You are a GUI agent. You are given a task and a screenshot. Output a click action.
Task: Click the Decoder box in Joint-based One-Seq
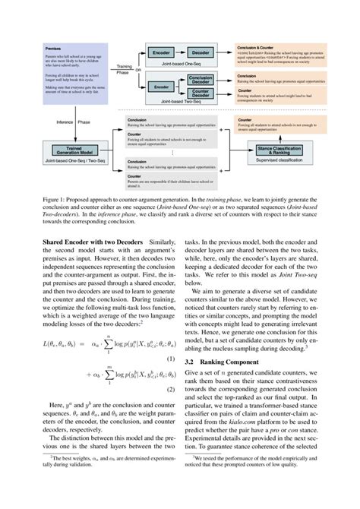click(201, 54)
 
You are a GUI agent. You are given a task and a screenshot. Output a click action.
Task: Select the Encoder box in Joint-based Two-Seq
click(161, 87)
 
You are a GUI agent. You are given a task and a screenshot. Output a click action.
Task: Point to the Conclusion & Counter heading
click(256, 47)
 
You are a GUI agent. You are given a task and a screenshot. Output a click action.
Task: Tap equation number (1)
click(171, 357)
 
